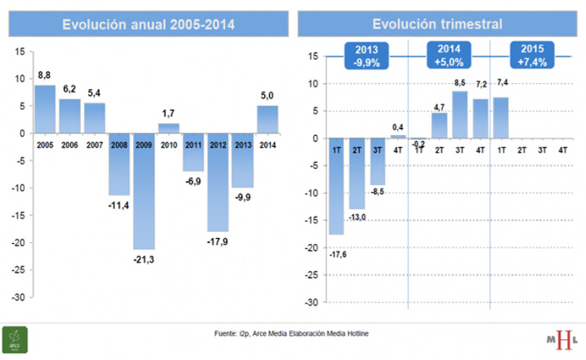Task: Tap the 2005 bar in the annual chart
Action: click(x=44, y=108)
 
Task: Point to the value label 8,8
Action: click(x=45, y=75)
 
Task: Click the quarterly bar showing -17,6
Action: click(x=337, y=186)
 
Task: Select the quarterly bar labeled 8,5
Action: click(x=460, y=114)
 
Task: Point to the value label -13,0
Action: click(x=357, y=218)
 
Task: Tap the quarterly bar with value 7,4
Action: click(x=501, y=118)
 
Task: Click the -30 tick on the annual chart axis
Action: click(x=17, y=297)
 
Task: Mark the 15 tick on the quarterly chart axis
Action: click(x=311, y=57)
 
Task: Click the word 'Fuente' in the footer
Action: click(x=226, y=333)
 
